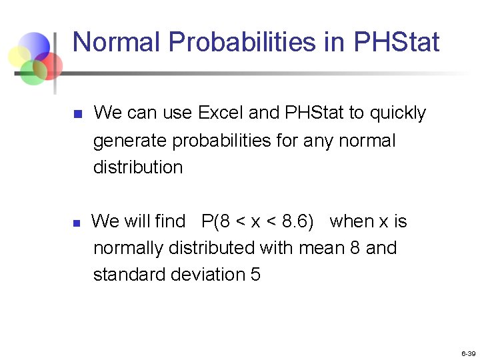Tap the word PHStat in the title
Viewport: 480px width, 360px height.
(397, 42)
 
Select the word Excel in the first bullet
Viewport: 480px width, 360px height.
(221, 113)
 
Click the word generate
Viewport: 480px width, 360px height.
(130, 141)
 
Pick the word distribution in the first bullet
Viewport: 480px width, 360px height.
(137, 167)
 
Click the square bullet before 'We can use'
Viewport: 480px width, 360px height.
(77, 115)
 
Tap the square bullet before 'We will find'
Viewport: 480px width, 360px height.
(77, 223)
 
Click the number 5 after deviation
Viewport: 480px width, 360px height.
(255, 275)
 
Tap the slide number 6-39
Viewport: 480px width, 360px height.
(468, 353)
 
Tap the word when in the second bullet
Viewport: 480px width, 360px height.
(351, 221)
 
